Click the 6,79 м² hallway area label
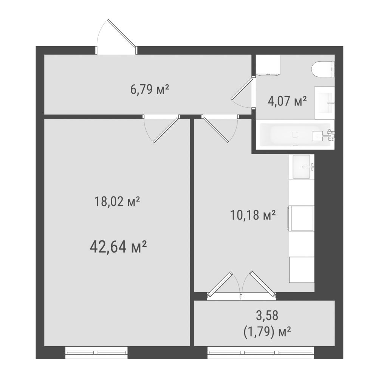149,90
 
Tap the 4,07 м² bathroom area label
287,101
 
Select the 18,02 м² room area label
117,201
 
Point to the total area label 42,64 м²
118,247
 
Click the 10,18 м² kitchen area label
253,215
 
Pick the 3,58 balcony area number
267,316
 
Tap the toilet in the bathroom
323,70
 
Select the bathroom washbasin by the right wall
324,103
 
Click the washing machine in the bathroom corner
268,65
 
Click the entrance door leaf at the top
122,33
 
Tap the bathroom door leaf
242,88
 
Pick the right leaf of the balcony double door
263,285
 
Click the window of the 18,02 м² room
96,353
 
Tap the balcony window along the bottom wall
260,353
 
